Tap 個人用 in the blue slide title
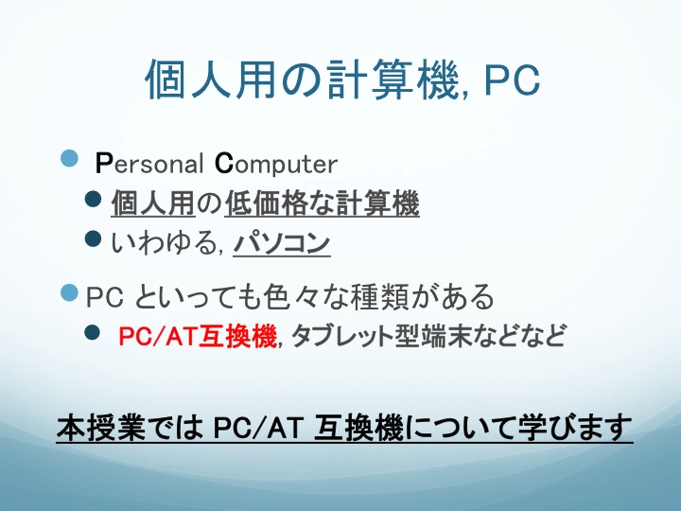(x=212, y=79)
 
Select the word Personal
(x=149, y=164)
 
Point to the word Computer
(x=276, y=164)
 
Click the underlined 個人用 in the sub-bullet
(x=153, y=203)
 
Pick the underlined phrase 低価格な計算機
(x=322, y=203)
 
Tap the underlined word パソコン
(x=282, y=242)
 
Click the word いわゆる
(x=164, y=242)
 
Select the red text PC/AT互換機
(x=197, y=336)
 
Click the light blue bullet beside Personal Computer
(x=69, y=158)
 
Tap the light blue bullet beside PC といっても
(x=69, y=292)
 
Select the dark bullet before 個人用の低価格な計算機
(x=93, y=200)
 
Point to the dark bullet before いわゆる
(x=93, y=238)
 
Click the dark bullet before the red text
(x=93, y=332)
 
